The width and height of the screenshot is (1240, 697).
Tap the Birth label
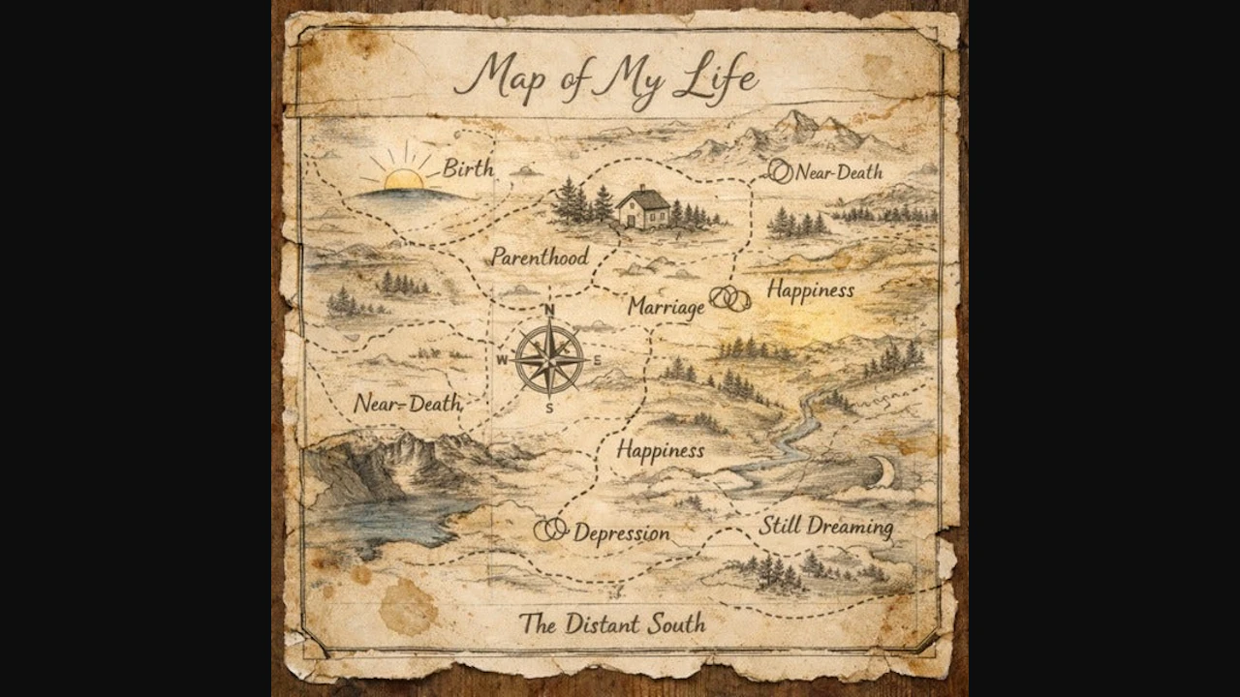tap(468, 168)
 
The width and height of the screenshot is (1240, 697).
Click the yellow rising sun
tap(403, 179)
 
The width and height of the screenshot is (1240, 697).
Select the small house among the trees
tap(643, 208)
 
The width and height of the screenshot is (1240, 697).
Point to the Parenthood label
tap(540, 258)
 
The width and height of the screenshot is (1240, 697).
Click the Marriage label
tap(666, 307)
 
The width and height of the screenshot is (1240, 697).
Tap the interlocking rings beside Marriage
tap(730, 298)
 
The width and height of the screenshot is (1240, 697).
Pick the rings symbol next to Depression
tap(551, 530)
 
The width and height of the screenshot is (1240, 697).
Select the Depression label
tap(621, 533)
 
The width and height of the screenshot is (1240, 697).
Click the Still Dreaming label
tap(825, 528)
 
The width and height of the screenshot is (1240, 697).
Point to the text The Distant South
tap(611, 623)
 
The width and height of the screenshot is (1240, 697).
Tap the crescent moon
tap(883, 471)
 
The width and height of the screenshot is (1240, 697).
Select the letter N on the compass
tap(549, 310)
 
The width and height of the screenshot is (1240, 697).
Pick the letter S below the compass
tap(549, 408)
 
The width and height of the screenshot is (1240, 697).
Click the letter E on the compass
tap(597, 360)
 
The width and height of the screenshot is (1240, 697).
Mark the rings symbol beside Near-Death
tap(780, 171)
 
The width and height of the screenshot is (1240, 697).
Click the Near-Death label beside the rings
tap(839, 172)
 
